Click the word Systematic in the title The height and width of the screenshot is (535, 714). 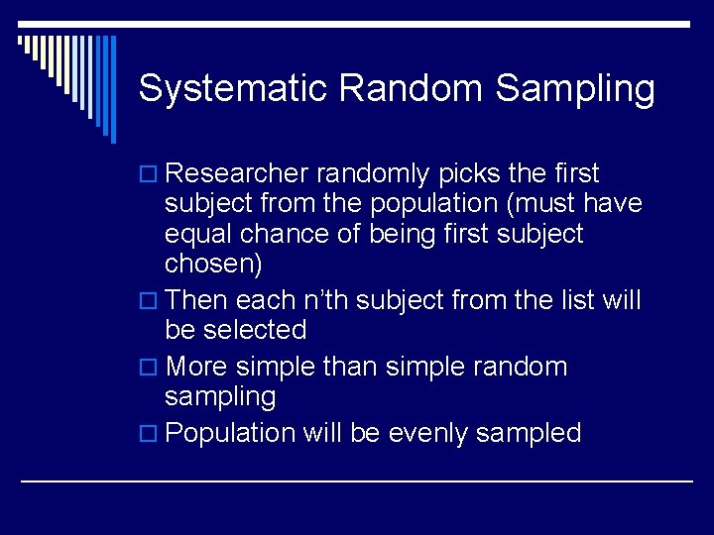233,88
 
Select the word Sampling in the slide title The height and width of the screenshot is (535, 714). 575,89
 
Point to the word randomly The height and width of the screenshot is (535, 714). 372,174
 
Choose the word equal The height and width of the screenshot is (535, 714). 197,236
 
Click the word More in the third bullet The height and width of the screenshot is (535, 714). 198,367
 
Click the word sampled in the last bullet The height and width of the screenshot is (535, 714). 535,433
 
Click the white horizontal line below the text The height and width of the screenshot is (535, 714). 357,481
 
